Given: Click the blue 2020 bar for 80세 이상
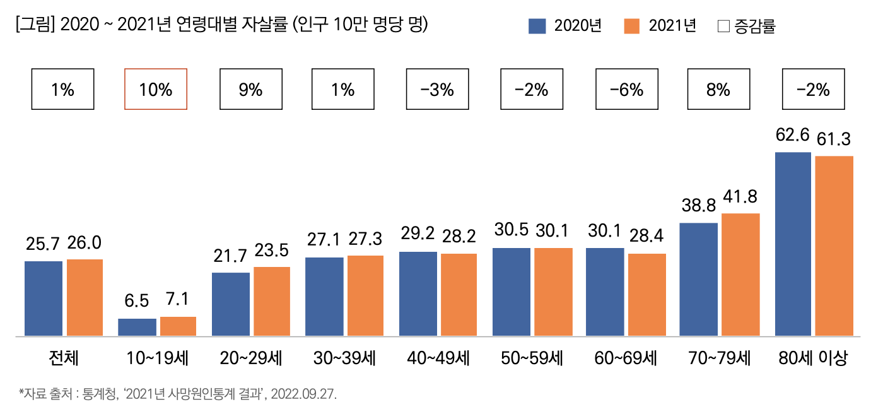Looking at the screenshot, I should tap(793, 244).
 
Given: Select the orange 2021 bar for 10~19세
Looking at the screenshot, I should tap(178, 326).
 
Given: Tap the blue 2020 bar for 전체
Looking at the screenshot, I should tap(44, 298).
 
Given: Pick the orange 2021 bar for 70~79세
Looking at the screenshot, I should tap(740, 274).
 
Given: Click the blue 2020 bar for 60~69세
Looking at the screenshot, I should tap(605, 292).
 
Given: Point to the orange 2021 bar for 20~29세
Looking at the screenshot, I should tap(272, 301).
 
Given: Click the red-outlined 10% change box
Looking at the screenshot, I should tap(156, 90).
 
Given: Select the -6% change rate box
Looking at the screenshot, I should tap(627, 90).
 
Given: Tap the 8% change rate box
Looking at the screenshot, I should tap(718, 90).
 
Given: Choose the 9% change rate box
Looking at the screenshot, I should tap(250, 90).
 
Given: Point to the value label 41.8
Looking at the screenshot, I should tap(740, 198).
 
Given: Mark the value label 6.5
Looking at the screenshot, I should tap(137, 301).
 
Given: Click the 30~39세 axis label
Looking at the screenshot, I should tap(344, 358).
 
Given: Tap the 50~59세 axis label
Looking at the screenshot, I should tap(532, 358).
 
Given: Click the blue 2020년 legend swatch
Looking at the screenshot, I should tap(537, 26).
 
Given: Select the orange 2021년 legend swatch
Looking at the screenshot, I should tap(631, 26).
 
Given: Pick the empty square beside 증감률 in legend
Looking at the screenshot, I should tap(723, 27).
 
